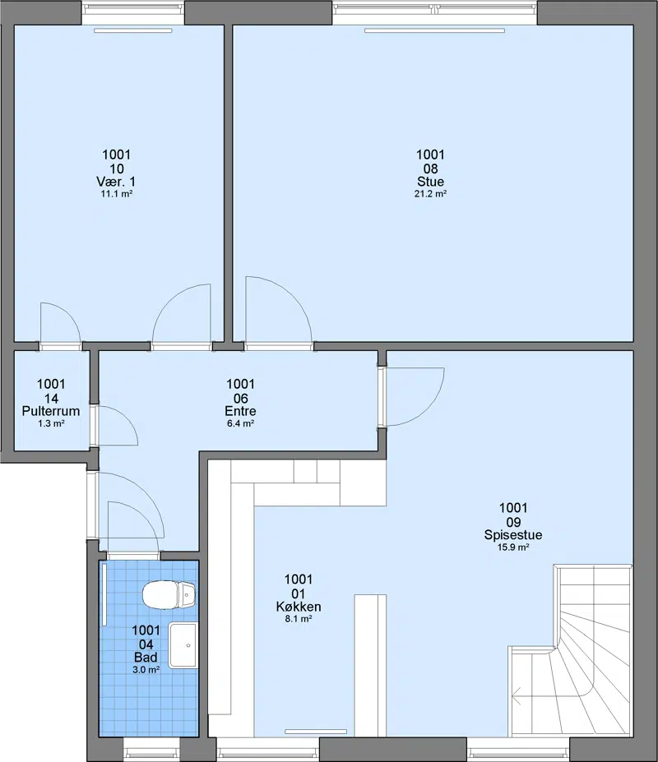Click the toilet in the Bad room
[x=169, y=594]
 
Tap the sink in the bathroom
[x=183, y=645]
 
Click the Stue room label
[x=430, y=182]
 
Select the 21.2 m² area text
[x=430, y=193]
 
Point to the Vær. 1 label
[x=116, y=182]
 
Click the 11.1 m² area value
[x=117, y=193]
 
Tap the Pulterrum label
[x=51, y=411]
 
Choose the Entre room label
[x=240, y=411]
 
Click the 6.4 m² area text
[x=240, y=423]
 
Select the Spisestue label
[x=513, y=534]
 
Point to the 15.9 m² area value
[x=513, y=547]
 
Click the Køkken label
[x=299, y=607]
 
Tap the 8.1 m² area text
[x=299, y=619]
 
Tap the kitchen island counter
[x=370, y=665]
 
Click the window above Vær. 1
[x=132, y=13]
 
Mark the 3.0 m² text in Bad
[x=146, y=670]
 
